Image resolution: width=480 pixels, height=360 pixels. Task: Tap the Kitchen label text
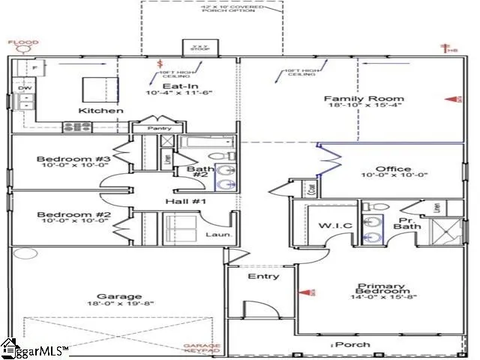[100, 110]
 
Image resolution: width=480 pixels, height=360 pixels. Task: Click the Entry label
[263, 276]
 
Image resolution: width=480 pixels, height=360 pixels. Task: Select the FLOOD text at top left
[22, 43]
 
